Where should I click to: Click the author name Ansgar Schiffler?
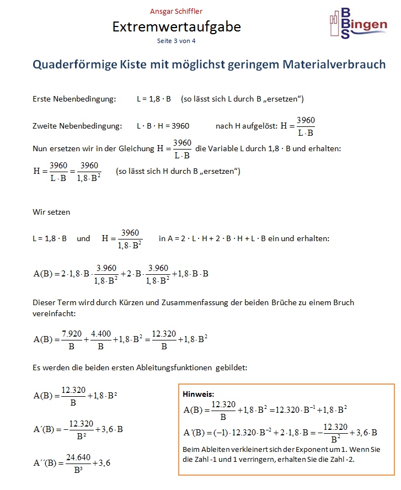176,11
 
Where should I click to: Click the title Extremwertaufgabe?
177,26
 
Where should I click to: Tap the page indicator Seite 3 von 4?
177,41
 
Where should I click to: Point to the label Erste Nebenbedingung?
74,99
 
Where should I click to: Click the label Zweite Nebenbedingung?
77,126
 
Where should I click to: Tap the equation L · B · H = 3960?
164,126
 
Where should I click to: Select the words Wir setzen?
52,211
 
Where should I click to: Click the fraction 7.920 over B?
71,339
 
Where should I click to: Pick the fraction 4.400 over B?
100,339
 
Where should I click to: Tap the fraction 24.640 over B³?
78,463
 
